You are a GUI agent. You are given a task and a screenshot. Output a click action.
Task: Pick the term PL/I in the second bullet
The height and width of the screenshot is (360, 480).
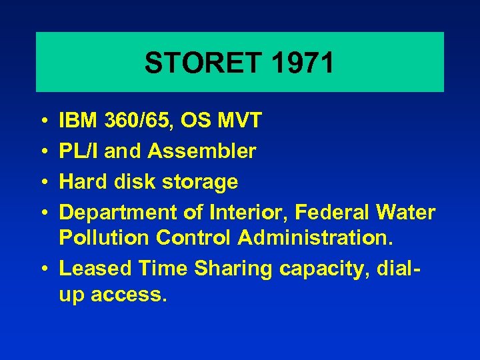point(79,151)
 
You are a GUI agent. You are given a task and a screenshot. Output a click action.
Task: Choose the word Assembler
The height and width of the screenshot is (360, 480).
point(202,151)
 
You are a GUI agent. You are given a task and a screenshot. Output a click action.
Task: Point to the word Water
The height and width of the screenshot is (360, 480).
point(406,212)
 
